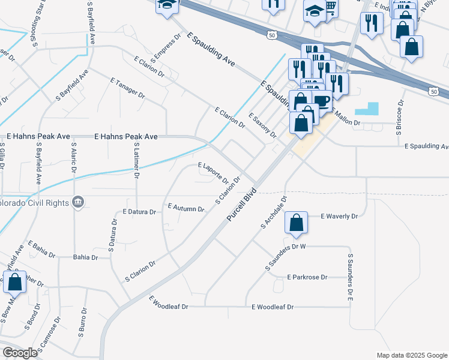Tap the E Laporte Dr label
pos(213,173)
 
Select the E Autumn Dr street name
pos(186,208)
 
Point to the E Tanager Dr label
pos(128,88)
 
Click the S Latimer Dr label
pos(137,161)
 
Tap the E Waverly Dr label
pos(339,216)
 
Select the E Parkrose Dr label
pos(307,277)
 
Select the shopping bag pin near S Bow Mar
pos(14,281)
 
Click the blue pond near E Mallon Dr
pos(367,109)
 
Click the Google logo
pos(20,353)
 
